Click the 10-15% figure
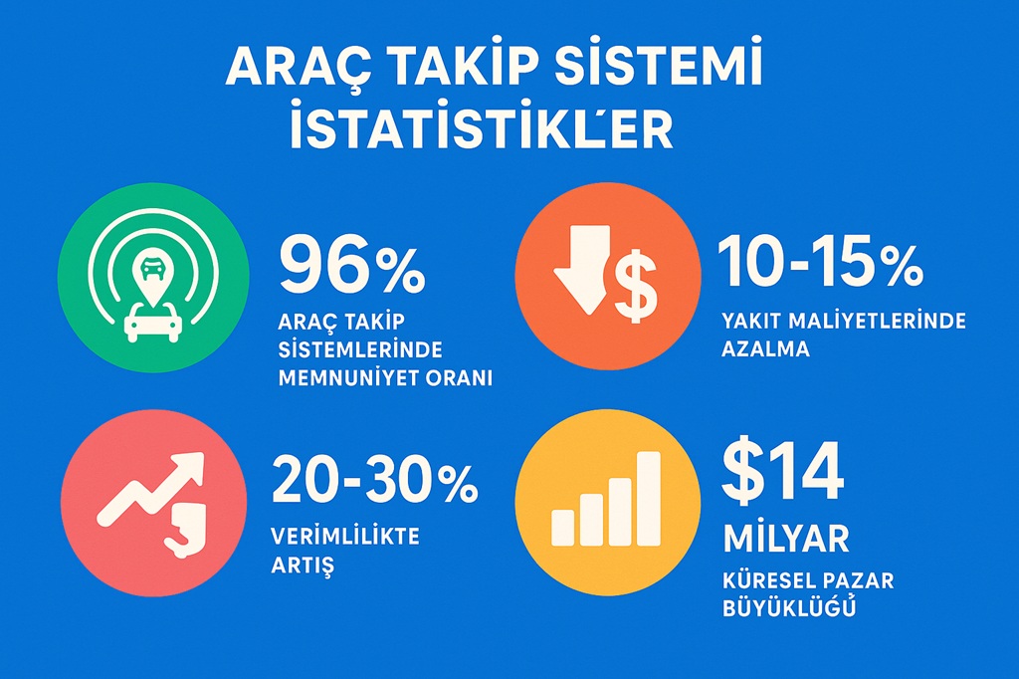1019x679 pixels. [820, 261]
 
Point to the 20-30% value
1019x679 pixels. [375, 479]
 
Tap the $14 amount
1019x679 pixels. [782, 472]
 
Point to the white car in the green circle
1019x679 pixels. [152, 323]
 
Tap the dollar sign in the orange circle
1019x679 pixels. [636, 286]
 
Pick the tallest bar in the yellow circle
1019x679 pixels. [648, 499]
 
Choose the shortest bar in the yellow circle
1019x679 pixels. [563, 528]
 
